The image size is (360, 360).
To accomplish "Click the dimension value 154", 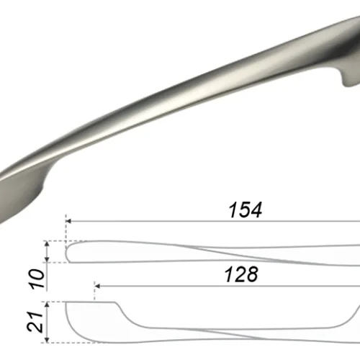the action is click(246, 210).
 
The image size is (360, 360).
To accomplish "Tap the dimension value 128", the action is click(241, 274).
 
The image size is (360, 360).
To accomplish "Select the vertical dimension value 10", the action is click(37, 279).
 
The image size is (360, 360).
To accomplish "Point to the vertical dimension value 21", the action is click(35, 322).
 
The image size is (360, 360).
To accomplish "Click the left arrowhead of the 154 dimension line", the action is click(68, 221).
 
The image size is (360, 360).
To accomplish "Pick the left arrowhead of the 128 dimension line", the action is click(97, 286).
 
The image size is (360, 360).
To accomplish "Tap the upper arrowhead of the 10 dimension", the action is click(48, 244).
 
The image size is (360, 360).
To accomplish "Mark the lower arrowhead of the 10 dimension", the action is click(48, 259).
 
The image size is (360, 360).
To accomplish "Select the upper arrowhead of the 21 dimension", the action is click(48, 305).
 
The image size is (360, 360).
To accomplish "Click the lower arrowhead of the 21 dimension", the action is click(48, 340).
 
